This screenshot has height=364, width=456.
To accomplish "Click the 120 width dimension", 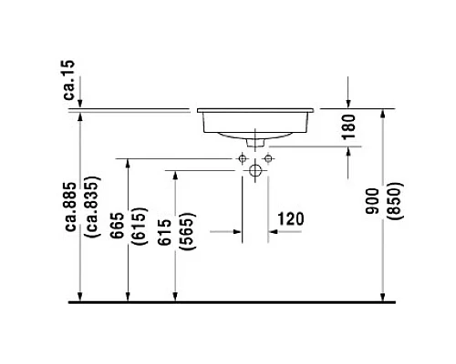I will click(289, 219).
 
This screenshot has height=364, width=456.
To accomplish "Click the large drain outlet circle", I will click(255, 170).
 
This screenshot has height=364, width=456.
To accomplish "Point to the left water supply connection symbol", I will click(244, 158).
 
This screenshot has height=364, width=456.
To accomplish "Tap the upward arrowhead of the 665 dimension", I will click(127, 164).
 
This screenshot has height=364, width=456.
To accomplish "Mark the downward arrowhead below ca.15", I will click(81, 103).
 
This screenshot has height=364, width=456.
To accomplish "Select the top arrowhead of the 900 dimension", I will click(382, 113).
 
